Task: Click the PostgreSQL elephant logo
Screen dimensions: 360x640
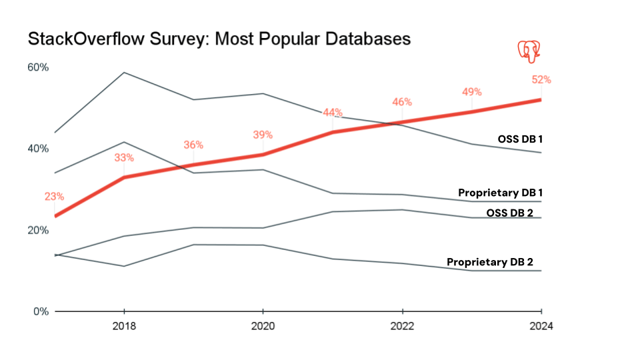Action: click(529, 51)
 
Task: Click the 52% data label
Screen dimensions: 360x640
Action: click(541, 79)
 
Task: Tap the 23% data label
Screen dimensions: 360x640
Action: click(55, 197)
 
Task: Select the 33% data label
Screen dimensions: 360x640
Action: click(124, 158)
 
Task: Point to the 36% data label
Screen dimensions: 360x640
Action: click(193, 145)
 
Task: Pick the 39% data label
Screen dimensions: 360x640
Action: click(263, 135)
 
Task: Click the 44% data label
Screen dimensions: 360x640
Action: click(332, 112)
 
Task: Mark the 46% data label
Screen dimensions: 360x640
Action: click(402, 102)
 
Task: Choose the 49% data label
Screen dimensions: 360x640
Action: click(471, 92)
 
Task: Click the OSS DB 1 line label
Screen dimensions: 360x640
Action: click(520, 139)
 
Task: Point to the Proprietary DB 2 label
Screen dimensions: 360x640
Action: click(489, 262)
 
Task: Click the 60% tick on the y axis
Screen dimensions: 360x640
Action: click(37, 67)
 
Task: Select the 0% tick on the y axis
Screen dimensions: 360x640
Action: click(40, 311)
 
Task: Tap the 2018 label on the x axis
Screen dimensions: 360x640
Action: click(124, 327)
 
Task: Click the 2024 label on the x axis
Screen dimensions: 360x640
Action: click(541, 327)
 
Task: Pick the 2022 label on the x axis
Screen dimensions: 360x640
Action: click(402, 327)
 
